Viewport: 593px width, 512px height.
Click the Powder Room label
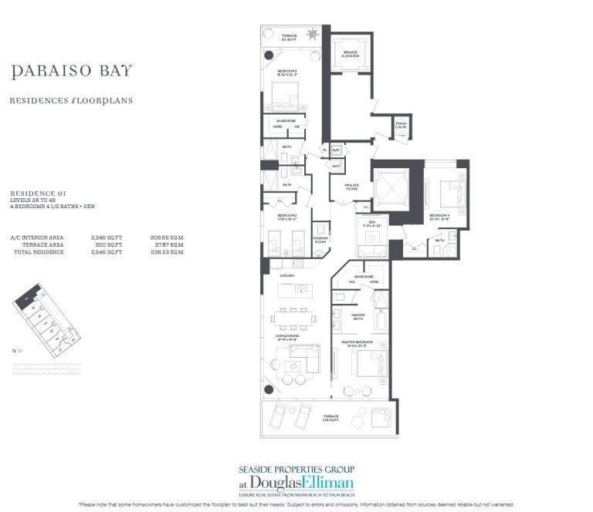321,239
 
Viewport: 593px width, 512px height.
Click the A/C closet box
336,150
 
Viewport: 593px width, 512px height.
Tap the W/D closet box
336,165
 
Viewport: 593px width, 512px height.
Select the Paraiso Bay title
72,72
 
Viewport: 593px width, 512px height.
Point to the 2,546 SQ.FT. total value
102,252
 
